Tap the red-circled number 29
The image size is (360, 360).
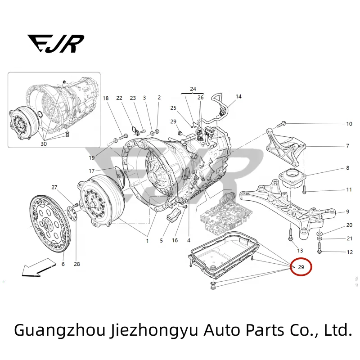click(x=301, y=267)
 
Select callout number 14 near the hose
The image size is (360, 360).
click(x=238, y=96)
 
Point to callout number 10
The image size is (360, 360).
click(x=349, y=124)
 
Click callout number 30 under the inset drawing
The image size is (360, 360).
click(x=44, y=144)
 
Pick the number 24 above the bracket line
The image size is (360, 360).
click(x=193, y=89)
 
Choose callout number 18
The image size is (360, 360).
click(x=106, y=98)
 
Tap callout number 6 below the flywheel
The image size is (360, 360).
click(x=63, y=264)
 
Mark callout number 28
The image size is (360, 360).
click(x=77, y=264)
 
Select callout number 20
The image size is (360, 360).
click(x=349, y=225)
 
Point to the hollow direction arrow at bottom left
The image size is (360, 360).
click(x=36, y=269)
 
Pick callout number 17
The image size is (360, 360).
click(x=92, y=171)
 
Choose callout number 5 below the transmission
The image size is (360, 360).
click(x=161, y=241)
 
